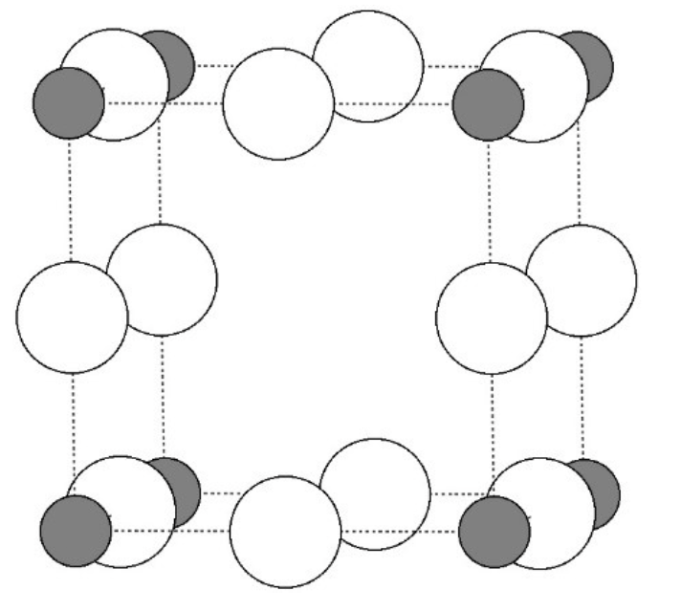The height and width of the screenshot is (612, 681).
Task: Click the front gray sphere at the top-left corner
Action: (x=68, y=102)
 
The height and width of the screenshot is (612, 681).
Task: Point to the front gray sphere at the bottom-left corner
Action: (x=76, y=531)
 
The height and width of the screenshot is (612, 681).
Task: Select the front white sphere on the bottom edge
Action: (x=285, y=532)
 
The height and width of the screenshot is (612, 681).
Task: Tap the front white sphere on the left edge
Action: (x=72, y=317)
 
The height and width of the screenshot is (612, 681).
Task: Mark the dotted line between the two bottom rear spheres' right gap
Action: (x=458, y=493)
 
